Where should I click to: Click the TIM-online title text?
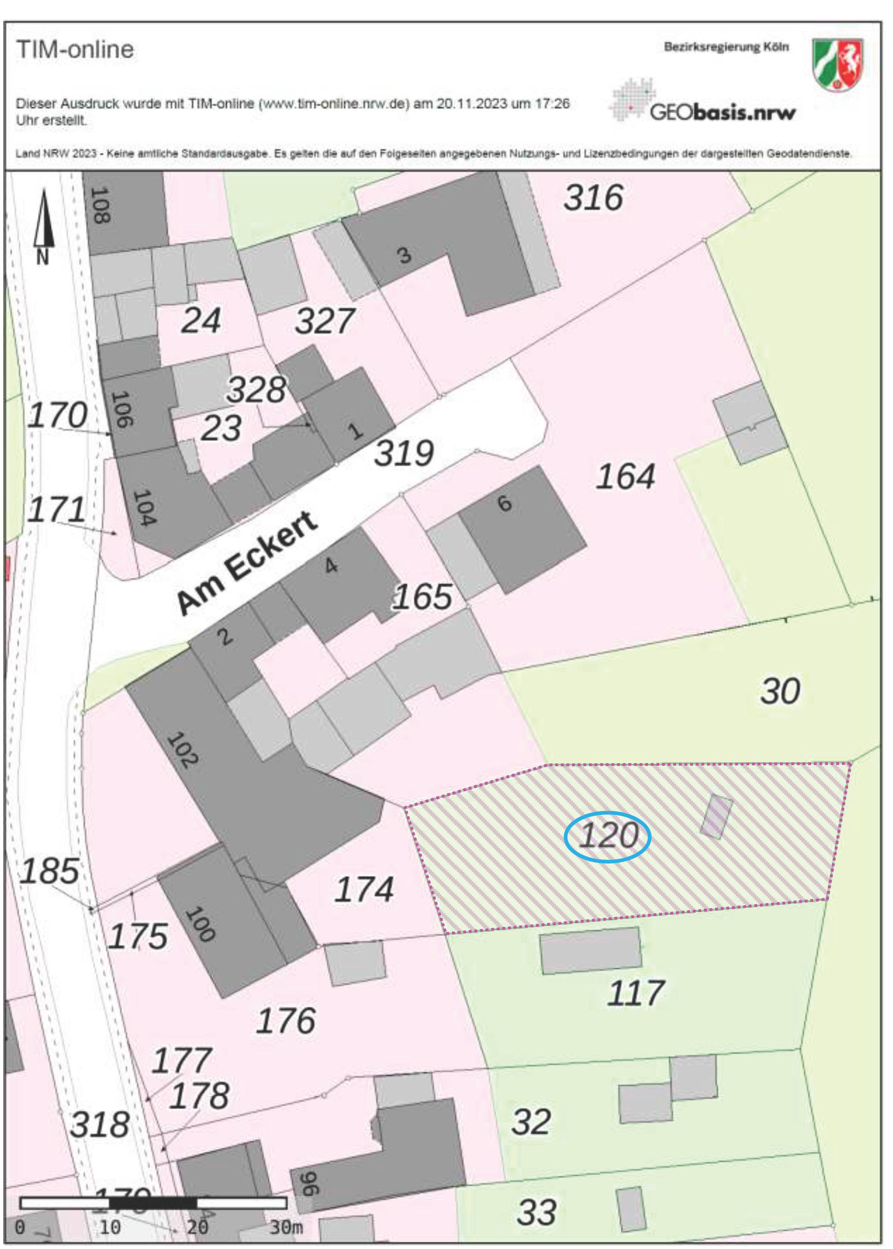pos(75,49)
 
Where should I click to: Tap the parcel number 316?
pos(594,198)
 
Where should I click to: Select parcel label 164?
pos(626,476)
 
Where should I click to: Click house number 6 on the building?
pos(504,503)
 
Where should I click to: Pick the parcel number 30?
pos(780,691)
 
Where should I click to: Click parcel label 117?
pos(636,993)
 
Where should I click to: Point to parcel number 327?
pos(325,321)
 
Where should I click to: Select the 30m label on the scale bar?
pos(286,1227)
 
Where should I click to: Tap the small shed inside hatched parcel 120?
pos(716,817)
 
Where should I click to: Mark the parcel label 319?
pos(404,454)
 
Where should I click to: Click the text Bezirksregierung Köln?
pos(726,47)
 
